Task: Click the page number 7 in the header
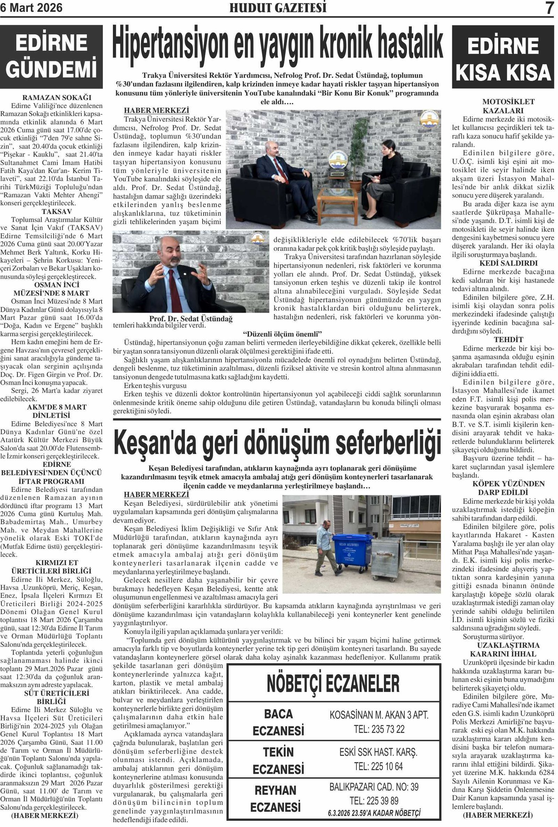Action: coord(549,8)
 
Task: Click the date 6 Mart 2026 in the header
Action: coord(31,8)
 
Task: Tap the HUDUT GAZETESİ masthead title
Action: coord(278,8)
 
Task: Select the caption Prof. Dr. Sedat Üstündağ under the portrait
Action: coord(191,319)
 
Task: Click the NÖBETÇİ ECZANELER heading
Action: coord(333,683)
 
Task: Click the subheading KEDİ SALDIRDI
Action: coord(503,263)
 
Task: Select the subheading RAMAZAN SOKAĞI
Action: coord(57,98)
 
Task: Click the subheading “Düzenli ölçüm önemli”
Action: coord(282,334)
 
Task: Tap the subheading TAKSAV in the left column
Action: coord(57,212)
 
